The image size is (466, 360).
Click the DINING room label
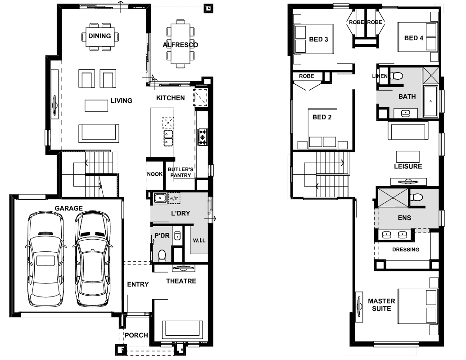(100, 36)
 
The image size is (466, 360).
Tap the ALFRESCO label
(181, 45)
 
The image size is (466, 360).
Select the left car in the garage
(45, 259)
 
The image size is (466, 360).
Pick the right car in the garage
(92, 259)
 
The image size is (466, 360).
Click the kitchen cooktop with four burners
(203, 137)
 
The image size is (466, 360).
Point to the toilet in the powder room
(162, 256)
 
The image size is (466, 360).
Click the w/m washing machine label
(174, 198)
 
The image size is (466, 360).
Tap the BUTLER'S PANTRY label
(181, 172)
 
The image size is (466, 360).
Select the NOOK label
(154, 174)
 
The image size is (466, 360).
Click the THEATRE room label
(181, 281)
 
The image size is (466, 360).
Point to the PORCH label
(136, 335)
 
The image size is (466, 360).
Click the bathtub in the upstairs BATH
(430, 101)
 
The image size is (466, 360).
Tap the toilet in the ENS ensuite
(416, 197)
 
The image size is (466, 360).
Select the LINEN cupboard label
(380, 76)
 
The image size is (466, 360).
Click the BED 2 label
(322, 117)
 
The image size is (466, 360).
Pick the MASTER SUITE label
(382, 305)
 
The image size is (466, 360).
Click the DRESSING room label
(406, 250)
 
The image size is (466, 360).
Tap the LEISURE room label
(408, 166)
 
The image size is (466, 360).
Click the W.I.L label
(199, 241)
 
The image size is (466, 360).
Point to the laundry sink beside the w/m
(160, 198)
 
